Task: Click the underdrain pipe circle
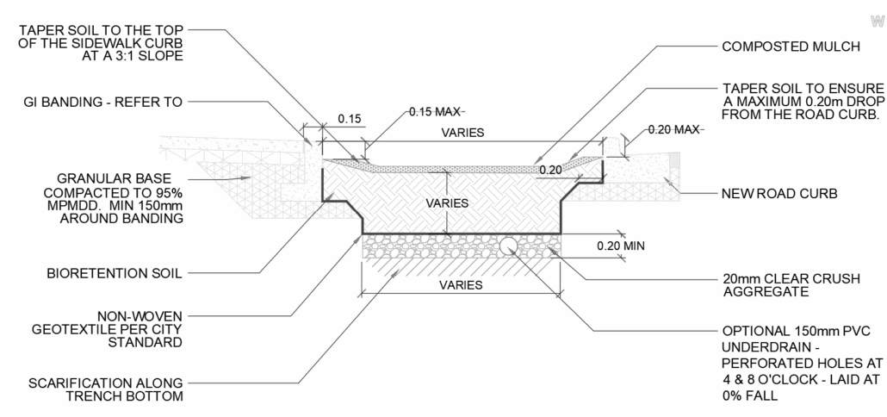point(509,245)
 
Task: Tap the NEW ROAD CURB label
point(778,195)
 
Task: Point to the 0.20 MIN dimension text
point(621,245)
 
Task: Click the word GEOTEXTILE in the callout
point(130,329)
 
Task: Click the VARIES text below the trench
point(461,285)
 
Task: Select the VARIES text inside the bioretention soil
point(449,203)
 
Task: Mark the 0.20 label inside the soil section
point(550,170)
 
